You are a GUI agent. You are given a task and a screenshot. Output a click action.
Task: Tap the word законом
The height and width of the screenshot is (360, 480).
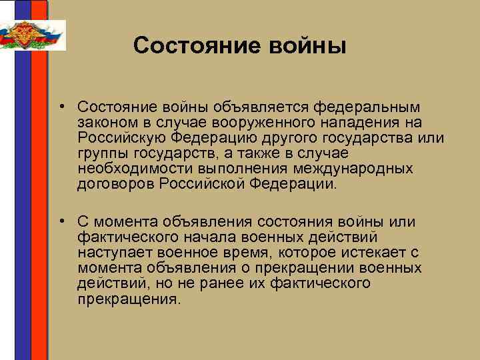[x=105, y=122]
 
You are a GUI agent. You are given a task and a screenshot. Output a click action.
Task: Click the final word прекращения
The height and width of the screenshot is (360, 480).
[x=129, y=299]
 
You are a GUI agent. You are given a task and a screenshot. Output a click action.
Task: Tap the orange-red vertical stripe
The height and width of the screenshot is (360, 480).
[x=41, y=200]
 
